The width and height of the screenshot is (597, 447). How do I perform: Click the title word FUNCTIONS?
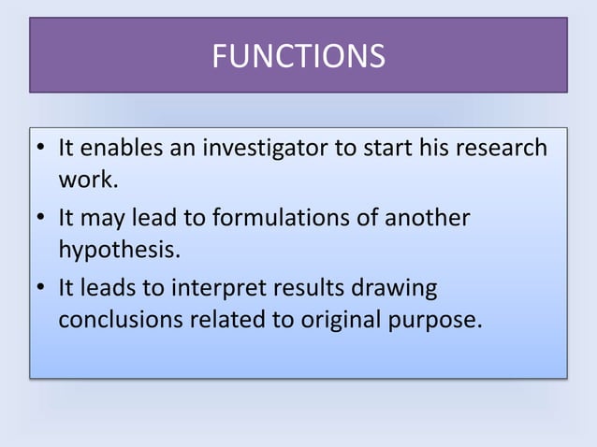298,57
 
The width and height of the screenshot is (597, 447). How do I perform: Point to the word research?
501,149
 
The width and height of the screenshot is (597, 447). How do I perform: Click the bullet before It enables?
42,150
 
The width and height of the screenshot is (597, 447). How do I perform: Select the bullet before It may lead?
42,220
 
